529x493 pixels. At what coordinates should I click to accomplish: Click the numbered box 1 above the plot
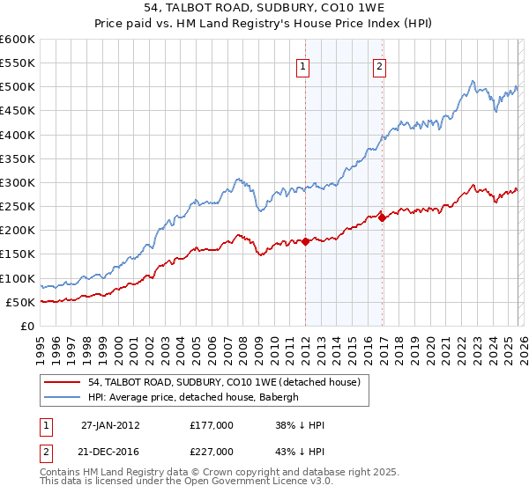303,65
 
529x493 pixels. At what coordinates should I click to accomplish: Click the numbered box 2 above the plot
379,65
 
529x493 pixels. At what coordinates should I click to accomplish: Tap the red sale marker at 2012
305,241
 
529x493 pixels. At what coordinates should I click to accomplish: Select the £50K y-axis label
21,302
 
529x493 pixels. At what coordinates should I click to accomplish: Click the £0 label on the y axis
28,326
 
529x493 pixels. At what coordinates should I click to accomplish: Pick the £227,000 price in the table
212,451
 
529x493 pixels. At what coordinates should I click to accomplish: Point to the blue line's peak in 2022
473,82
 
